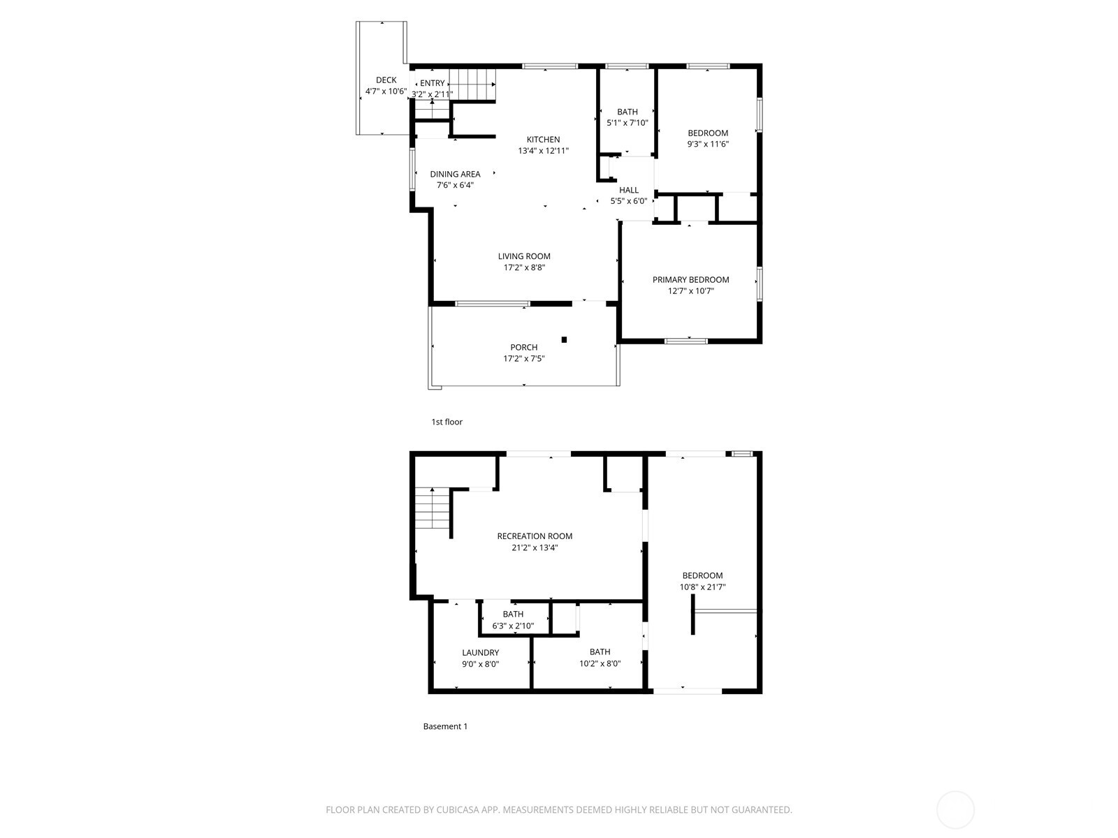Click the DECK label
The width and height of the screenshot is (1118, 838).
(386, 80)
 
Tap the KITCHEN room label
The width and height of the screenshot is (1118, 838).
(543, 140)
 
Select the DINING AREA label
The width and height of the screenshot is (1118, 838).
(455, 174)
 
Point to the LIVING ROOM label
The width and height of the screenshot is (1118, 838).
(524, 256)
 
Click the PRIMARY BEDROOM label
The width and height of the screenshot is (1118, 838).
(690, 280)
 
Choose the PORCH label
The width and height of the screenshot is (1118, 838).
(524, 348)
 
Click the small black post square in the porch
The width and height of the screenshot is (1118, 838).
(564, 340)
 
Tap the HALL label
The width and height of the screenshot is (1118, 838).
(629, 190)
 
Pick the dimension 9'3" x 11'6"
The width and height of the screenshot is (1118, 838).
(708, 144)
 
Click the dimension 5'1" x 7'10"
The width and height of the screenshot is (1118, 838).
(627, 123)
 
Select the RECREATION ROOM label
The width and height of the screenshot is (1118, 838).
(535, 536)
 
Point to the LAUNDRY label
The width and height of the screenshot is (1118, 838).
(480, 653)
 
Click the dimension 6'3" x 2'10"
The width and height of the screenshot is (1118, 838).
(513, 626)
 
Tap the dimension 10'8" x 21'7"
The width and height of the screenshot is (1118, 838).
(703, 587)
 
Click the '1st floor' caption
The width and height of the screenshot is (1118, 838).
(447, 422)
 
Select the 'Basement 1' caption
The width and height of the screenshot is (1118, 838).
(445, 726)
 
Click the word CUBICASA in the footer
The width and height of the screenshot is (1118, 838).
(458, 810)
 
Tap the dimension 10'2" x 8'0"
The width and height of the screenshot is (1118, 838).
(600, 663)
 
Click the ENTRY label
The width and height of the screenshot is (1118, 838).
(433, 83)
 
